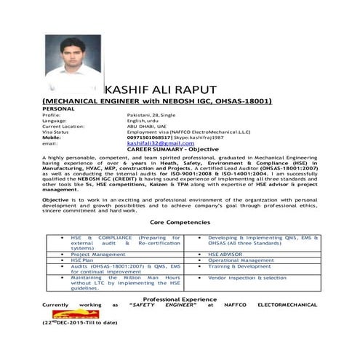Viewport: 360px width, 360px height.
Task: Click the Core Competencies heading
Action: [x=179, y=222]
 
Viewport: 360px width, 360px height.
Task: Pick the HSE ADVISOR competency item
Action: [x=229, y=255]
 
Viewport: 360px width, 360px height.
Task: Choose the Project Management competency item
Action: [x=98, y=255]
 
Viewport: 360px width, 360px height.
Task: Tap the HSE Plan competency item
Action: [x=83, y=260]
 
